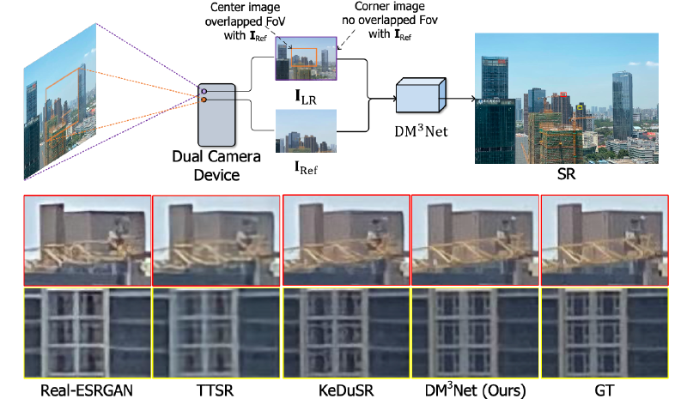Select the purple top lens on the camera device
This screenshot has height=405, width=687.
(204, 90)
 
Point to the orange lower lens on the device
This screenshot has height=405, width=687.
(204, 101)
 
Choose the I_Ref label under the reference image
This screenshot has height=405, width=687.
(307, 166)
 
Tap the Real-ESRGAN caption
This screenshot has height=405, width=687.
(87, 391)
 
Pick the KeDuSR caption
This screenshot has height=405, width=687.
(347, 391)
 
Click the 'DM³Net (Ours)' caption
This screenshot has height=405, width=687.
(476, 391)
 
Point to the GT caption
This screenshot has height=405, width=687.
(605, 391)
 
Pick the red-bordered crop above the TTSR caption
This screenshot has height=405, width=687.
(216, 241)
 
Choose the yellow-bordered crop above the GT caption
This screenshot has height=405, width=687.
(605, 332)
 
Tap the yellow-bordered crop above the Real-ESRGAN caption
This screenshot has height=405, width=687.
(87, 332)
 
